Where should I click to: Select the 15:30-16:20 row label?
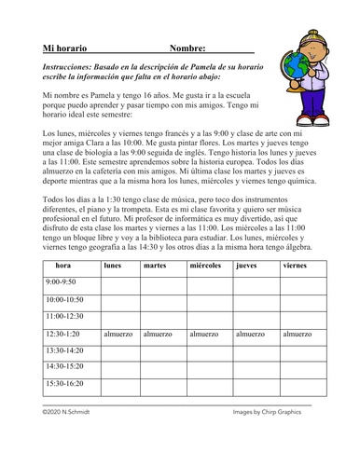[x=64, y=383]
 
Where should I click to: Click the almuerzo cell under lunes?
[x=118, y=333]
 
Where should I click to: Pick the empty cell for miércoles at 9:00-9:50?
[x=207, y=282]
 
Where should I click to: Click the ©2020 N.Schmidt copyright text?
[x=72, y=411]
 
